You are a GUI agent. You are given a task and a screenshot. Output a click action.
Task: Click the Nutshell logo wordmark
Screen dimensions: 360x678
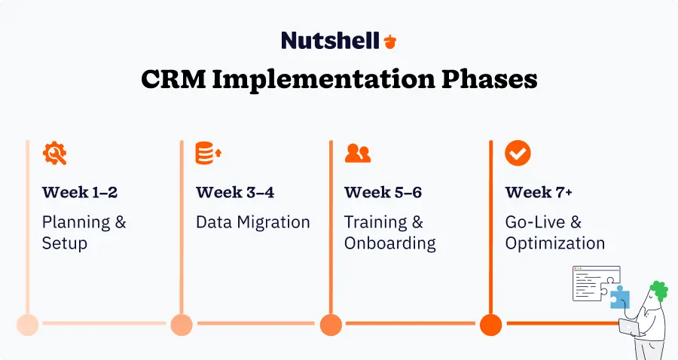point(329,41)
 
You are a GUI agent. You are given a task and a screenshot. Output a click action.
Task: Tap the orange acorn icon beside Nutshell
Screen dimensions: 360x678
point(389,41)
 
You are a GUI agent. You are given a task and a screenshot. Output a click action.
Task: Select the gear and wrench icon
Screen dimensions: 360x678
point(54,153)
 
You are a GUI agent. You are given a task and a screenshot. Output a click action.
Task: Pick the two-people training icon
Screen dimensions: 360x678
point(357,153)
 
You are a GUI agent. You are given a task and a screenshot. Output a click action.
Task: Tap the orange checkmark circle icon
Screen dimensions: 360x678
point(518,153)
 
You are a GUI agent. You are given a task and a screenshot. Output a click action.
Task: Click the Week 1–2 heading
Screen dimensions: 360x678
point(80,192)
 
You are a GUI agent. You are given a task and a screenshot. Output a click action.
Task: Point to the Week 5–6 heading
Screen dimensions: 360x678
point(383,192)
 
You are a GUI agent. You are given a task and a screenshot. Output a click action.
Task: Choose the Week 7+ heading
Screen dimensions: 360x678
point(539,192)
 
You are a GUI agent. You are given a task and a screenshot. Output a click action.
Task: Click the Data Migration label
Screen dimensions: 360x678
point(253,222)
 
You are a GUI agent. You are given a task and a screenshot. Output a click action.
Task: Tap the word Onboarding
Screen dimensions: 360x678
point(390,243)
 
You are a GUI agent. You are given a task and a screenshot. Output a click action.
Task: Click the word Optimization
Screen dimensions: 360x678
point(555,243)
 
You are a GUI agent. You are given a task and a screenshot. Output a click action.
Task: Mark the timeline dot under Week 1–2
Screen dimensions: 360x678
point(27,324)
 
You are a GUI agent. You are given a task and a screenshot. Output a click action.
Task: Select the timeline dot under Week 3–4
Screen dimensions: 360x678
point(182,324)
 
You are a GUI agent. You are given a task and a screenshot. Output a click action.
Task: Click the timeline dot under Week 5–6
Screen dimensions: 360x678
point(331,324)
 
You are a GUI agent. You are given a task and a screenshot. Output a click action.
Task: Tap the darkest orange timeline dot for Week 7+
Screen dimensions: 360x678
point(490,324)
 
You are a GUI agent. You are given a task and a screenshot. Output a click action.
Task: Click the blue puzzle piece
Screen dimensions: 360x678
point(619,297)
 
